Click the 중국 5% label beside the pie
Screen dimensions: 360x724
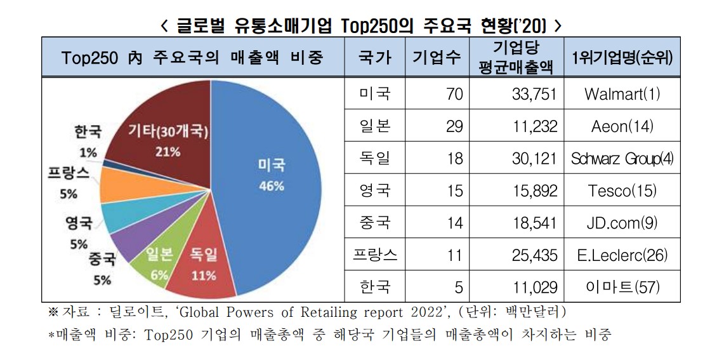(102, 268)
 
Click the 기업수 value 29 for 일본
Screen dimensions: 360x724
(454, 126)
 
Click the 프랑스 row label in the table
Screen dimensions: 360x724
(374, 255)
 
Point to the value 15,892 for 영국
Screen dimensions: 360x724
(534, 190)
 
